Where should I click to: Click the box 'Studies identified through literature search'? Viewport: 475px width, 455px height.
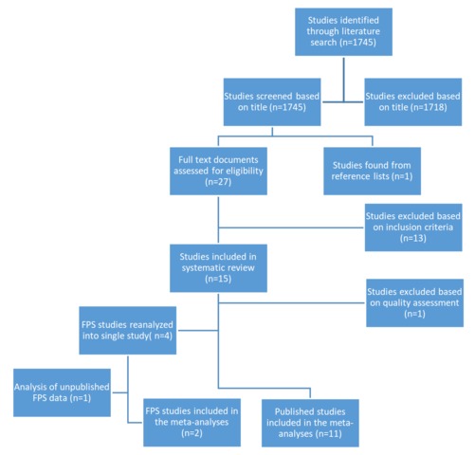[x=343, y=32]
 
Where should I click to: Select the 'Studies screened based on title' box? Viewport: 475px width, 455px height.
[x=272, y=101]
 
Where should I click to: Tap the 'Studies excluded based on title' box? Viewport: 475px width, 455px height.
[x=413, y=101]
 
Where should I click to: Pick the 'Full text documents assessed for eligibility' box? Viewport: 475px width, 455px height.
[x=218, y=171]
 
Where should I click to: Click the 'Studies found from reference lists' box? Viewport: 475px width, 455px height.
[x=372, y=171]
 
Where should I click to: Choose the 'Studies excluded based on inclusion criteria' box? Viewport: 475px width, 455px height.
[x=413, y=227]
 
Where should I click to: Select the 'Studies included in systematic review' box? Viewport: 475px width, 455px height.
[x=218, y=268]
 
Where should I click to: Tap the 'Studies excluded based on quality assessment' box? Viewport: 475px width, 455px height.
[x=414, y=302]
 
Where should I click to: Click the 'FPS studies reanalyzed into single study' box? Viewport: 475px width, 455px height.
[x=128, y=330]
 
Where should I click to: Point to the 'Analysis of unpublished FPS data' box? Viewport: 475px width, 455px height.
[x=62, y=392]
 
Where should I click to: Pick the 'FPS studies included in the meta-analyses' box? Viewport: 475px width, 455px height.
[x=192, y=423]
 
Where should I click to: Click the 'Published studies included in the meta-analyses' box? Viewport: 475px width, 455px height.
[x=310, y=423]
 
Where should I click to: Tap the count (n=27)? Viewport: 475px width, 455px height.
[x=218, y=182]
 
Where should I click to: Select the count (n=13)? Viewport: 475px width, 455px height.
[x=413, y=238]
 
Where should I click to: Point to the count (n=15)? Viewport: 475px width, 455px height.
[x=218, y=279]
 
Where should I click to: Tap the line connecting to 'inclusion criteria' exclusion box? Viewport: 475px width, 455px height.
[x=291, y=227]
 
